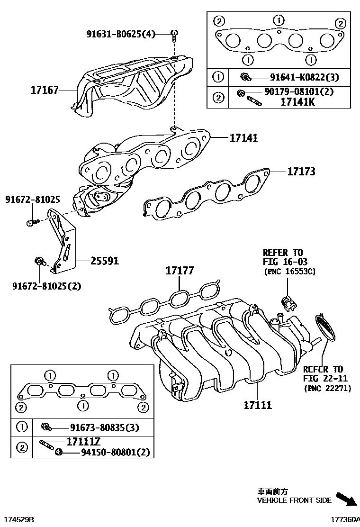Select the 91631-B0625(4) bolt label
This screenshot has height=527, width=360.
[x=121, y=34]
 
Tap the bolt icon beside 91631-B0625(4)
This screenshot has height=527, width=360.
[x=174, y=33]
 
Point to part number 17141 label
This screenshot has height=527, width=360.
[x=243, y=138]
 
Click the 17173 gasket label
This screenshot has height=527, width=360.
[x=301, y=171]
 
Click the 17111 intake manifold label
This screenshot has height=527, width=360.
[x=258, y=405]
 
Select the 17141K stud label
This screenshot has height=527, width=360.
[x=297, y=101]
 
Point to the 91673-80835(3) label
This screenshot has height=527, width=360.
[x=104, y=428]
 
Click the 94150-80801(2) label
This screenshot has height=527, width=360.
[x=110, y=453]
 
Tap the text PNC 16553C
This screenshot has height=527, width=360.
[x=289, y=272]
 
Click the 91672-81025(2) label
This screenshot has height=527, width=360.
[x=46, y=286]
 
